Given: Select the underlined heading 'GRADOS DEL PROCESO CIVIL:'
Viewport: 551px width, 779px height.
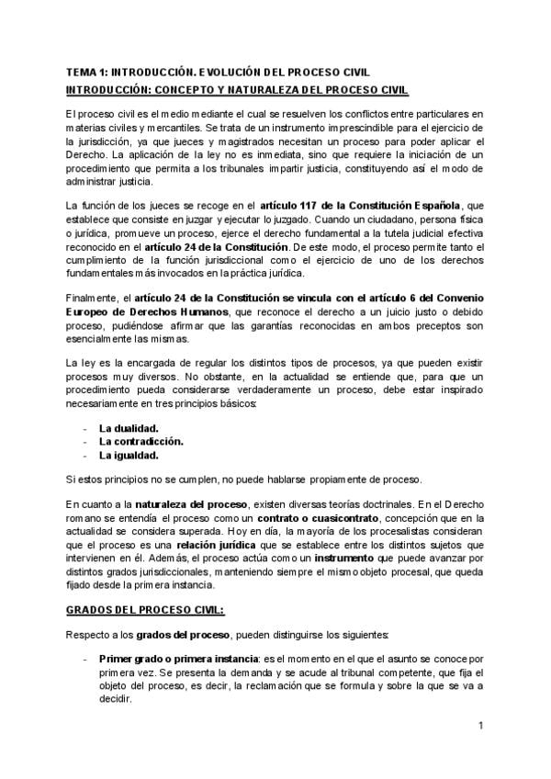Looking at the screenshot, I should (139, 609).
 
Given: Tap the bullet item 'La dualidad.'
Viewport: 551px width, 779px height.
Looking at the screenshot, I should (129, 428).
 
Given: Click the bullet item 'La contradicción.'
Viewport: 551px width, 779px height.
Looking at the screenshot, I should (141, 441).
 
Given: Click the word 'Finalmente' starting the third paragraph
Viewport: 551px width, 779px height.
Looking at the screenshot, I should (92, 299).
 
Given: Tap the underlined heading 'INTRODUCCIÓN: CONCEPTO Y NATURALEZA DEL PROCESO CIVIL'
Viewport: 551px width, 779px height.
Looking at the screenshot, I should (237, 89).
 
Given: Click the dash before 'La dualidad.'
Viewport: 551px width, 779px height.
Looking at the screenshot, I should (85, 428).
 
